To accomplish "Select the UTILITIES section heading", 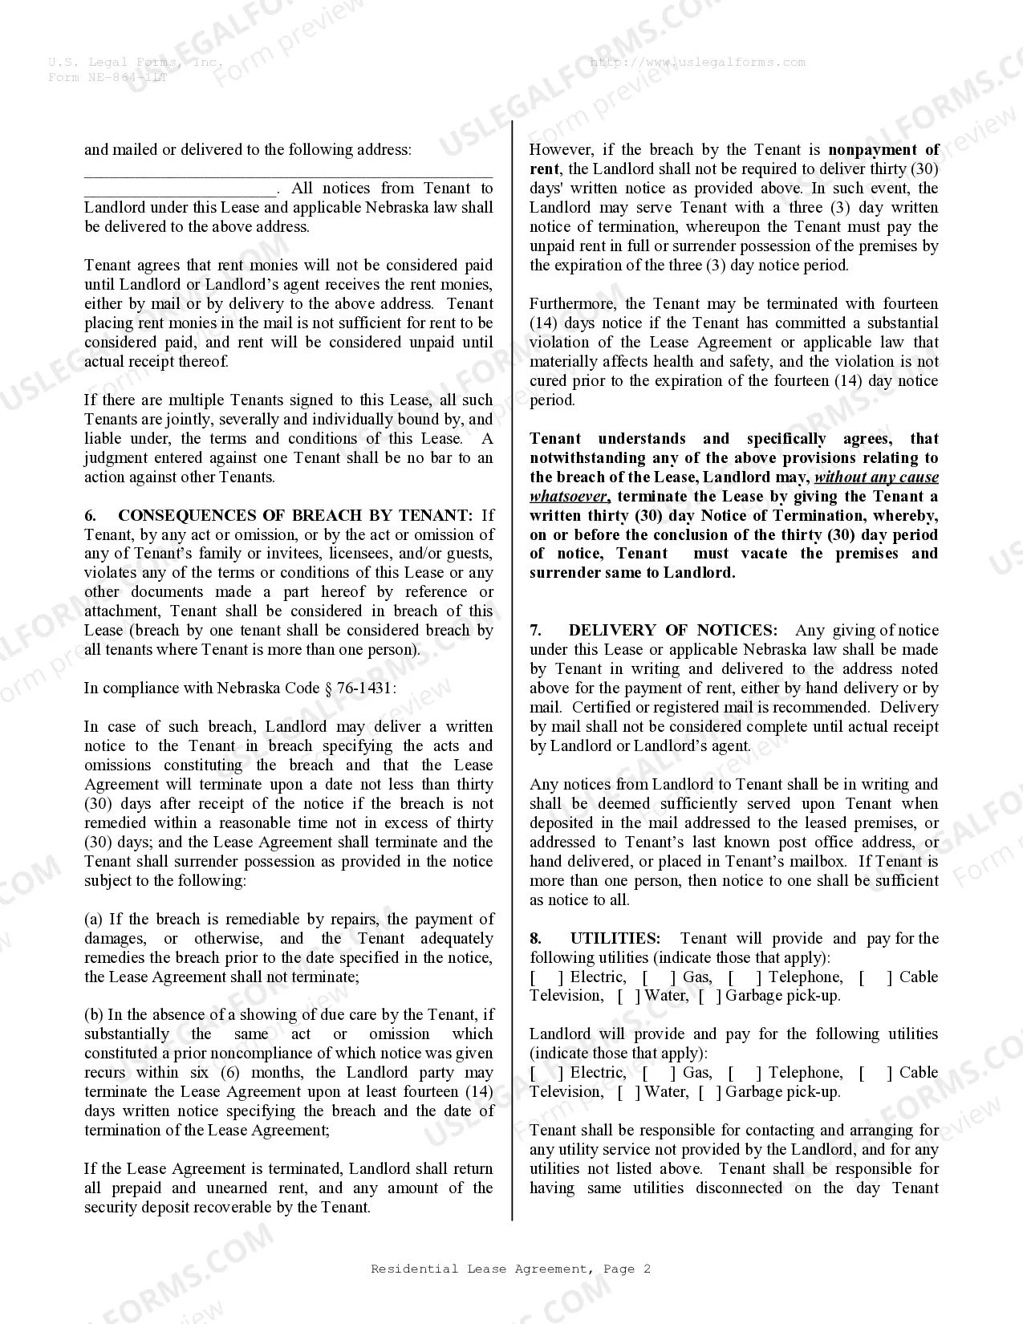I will click(615, 938).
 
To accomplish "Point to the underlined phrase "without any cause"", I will click(876, 477).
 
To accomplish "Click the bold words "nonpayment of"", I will click(883, 150).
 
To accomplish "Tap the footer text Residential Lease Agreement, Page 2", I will click(511, 1269).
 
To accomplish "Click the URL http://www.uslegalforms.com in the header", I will click(697, 62).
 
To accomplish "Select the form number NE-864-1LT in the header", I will click(128, 77).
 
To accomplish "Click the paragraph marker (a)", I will click(94, 920).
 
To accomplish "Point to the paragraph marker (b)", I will click(94, 1015).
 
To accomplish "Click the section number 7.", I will click(535, 630).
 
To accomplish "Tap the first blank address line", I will click(288, 172).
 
